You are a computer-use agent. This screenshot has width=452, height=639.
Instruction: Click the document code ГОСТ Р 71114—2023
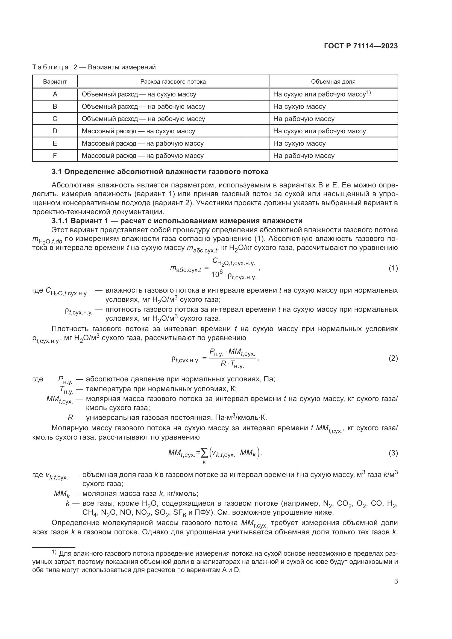click(x=361, y=46)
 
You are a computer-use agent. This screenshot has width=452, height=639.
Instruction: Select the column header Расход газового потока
click(x=173, y=81)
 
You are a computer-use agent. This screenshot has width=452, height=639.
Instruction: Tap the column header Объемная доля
click(x=333, y=81)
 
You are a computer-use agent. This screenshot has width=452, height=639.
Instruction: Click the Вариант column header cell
click(x=55, y=81)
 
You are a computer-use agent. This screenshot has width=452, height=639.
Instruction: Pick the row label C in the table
click(x=55, y=119)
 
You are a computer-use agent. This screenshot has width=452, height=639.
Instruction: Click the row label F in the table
click(x=55, y=155)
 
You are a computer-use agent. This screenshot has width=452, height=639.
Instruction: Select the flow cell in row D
click(x=138, y=131)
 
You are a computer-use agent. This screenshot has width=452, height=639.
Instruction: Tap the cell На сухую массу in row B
click(x=299, y=107)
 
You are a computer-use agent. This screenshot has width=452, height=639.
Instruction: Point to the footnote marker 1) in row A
click(x=369, y=93)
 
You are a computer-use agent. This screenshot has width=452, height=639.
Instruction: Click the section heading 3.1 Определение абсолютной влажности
click(x=160, y=172)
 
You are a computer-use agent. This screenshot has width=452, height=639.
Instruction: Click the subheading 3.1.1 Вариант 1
click(x=177, y=221)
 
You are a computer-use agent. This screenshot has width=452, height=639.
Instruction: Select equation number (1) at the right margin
click(x=393, y=268)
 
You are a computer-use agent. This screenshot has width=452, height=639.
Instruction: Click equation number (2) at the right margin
click(x=393, y=358)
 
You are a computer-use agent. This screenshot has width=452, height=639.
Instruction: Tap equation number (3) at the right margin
click(x=393, y=453)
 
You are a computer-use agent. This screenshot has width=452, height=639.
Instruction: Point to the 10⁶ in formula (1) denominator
click(x=216, y=274)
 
